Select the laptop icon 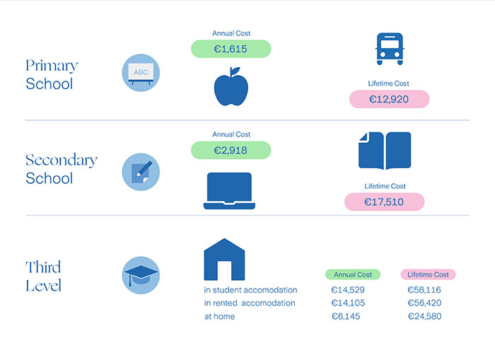pyautogui.click(x=227, y=191)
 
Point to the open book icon pyautogui.click(x=385, y=151)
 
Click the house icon pyautogui.click(x=223, y=259)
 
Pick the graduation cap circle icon pyautogui.click(x=141, y=276)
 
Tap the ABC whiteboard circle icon pyautogui.click(x=141, y=73)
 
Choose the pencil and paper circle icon pyautogui.click(x=141, y=172)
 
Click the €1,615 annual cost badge pyautogui.click(x=231, y=49)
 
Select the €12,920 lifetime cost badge pyautogui.click(x=389, y=99)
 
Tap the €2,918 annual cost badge pyautogui.click(x=231, y=150)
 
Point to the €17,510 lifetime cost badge pyautogui.click(x=385, y=202)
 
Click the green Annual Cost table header pyautogui.click(x=353, y=274)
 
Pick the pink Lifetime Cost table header pyautogui.click(x=429, y=274)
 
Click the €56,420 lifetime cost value pyautogui.click(x=424, y=303)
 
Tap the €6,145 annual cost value pyautogui.click(x=346, y=316)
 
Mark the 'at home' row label pyautogui.click(x=219, y=316)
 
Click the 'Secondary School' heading pyautogui.click(x=61, y=169)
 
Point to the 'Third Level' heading pyautogui.click(x=44, y=277)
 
